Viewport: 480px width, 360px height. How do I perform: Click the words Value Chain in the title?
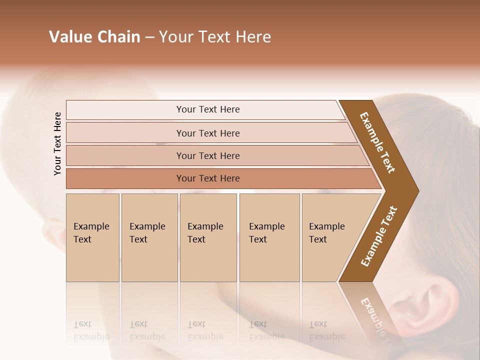[x=94, y=37]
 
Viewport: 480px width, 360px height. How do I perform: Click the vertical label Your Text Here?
[x=58, y=143]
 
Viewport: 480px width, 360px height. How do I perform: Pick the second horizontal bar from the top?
[x=207, y=133]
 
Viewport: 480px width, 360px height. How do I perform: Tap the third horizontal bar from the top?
[x=207, y=155]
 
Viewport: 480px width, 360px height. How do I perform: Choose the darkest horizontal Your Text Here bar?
[x=207, y=178]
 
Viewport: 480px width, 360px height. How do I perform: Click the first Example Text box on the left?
[x=92, y=237]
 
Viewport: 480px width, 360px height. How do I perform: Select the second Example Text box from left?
[x=149, y=237]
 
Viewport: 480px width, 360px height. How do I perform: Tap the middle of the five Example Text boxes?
[x=208, y=237]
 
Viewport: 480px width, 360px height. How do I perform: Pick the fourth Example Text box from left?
[x=269, y=237]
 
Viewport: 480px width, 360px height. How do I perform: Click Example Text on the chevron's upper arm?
[x=378, y=142]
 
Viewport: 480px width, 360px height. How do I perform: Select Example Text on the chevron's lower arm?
[x=379, y=236]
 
